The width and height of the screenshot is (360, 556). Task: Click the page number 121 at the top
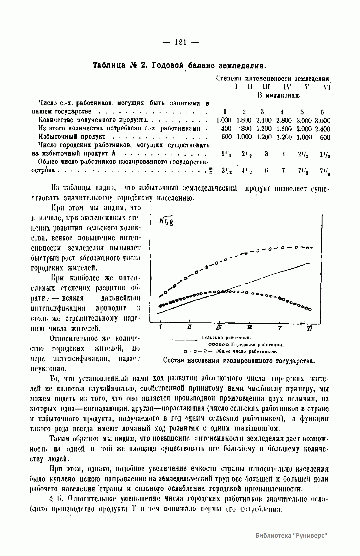pyautogui.click(x=180, y=42)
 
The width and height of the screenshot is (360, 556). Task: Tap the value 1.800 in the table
pyautogui.click(x=244, y=120)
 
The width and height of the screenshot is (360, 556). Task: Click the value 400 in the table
pyautogui.click(x=226, y=129)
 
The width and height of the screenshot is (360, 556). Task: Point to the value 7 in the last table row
pyautogui.click(x=283, y=171)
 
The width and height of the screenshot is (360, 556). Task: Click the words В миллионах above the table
pyautogui.click(x=279, y=95)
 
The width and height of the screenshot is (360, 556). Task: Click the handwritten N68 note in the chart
pyautogui.click(x=166, y=222)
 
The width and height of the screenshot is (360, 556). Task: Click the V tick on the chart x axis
pyautogui.click(x=280, y=328)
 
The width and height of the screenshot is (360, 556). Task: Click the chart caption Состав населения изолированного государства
pyautogui.click(x=239, y=360)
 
